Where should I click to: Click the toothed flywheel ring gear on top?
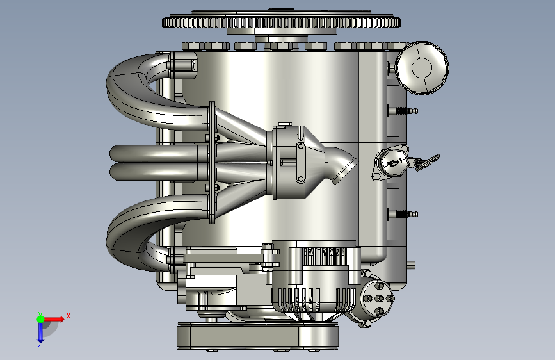pyautogui.click(x=282, y=22)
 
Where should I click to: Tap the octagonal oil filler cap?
pyautogui.click(x=422, y=68)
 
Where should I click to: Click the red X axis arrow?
pyautogui.click(x=54, y=319)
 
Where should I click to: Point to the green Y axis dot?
pyautogui.click(x=40, y=319)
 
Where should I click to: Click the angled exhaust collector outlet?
pyautogui.click(x=342, y=166)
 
